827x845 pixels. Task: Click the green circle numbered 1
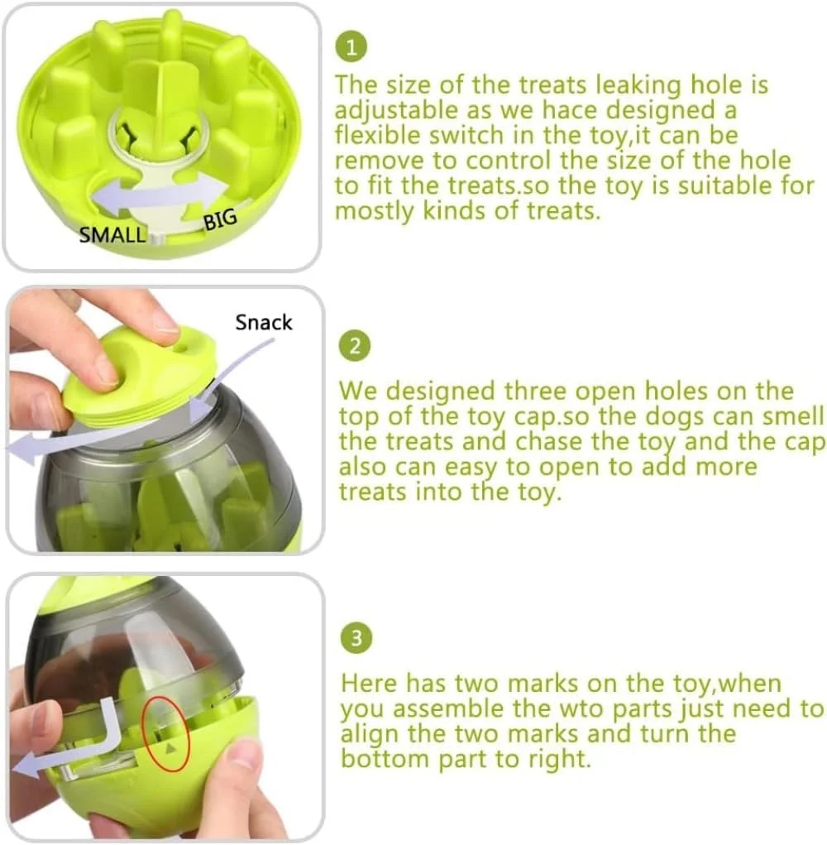click(x=351, y=47)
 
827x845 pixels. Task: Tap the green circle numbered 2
click(x=355, y=346)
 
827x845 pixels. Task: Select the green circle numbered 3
click(x=356, y=639)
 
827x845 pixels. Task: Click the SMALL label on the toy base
click(x=112, y=235)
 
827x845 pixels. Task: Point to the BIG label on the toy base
click(x=220, y=219)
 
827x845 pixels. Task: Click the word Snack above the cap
click(x=264, y=322)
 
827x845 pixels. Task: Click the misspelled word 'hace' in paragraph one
click(x=569, y=110)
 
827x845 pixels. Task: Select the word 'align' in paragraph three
click(x=370, y=735)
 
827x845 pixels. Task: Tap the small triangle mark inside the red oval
click(x=170, y=748)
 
